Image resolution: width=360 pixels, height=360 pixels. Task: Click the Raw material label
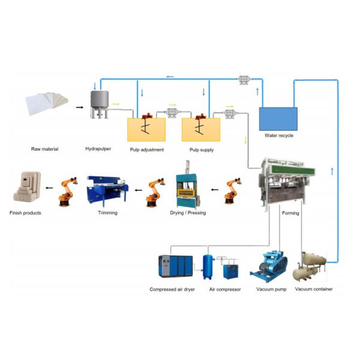tap(44, 149)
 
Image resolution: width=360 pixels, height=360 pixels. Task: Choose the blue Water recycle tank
tap(278, 119)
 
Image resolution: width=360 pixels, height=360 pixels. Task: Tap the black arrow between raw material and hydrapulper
tap(79, 108)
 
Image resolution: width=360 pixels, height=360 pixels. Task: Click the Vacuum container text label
tap(314, 289)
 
